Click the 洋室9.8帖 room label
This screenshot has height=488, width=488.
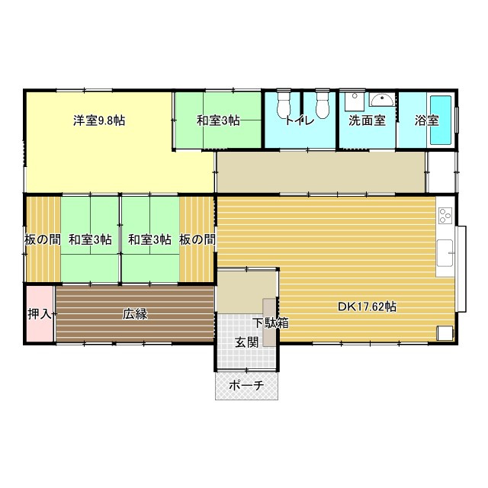99,120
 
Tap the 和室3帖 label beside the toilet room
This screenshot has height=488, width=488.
218,120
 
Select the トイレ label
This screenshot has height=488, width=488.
300,120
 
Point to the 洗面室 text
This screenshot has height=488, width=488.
367,120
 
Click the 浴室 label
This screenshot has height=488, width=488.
427,120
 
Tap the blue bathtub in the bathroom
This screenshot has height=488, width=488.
441,120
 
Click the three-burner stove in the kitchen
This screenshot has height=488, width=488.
445,215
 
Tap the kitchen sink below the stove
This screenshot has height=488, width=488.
445,252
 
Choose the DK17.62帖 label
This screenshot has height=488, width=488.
367,307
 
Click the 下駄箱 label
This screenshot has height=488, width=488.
270,323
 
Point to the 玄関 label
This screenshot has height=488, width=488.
247,343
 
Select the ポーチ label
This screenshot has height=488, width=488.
246,386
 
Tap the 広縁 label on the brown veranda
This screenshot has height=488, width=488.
135,314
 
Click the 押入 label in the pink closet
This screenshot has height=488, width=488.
40,314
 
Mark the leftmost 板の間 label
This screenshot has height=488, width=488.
43,239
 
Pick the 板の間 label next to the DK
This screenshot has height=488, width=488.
197,239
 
